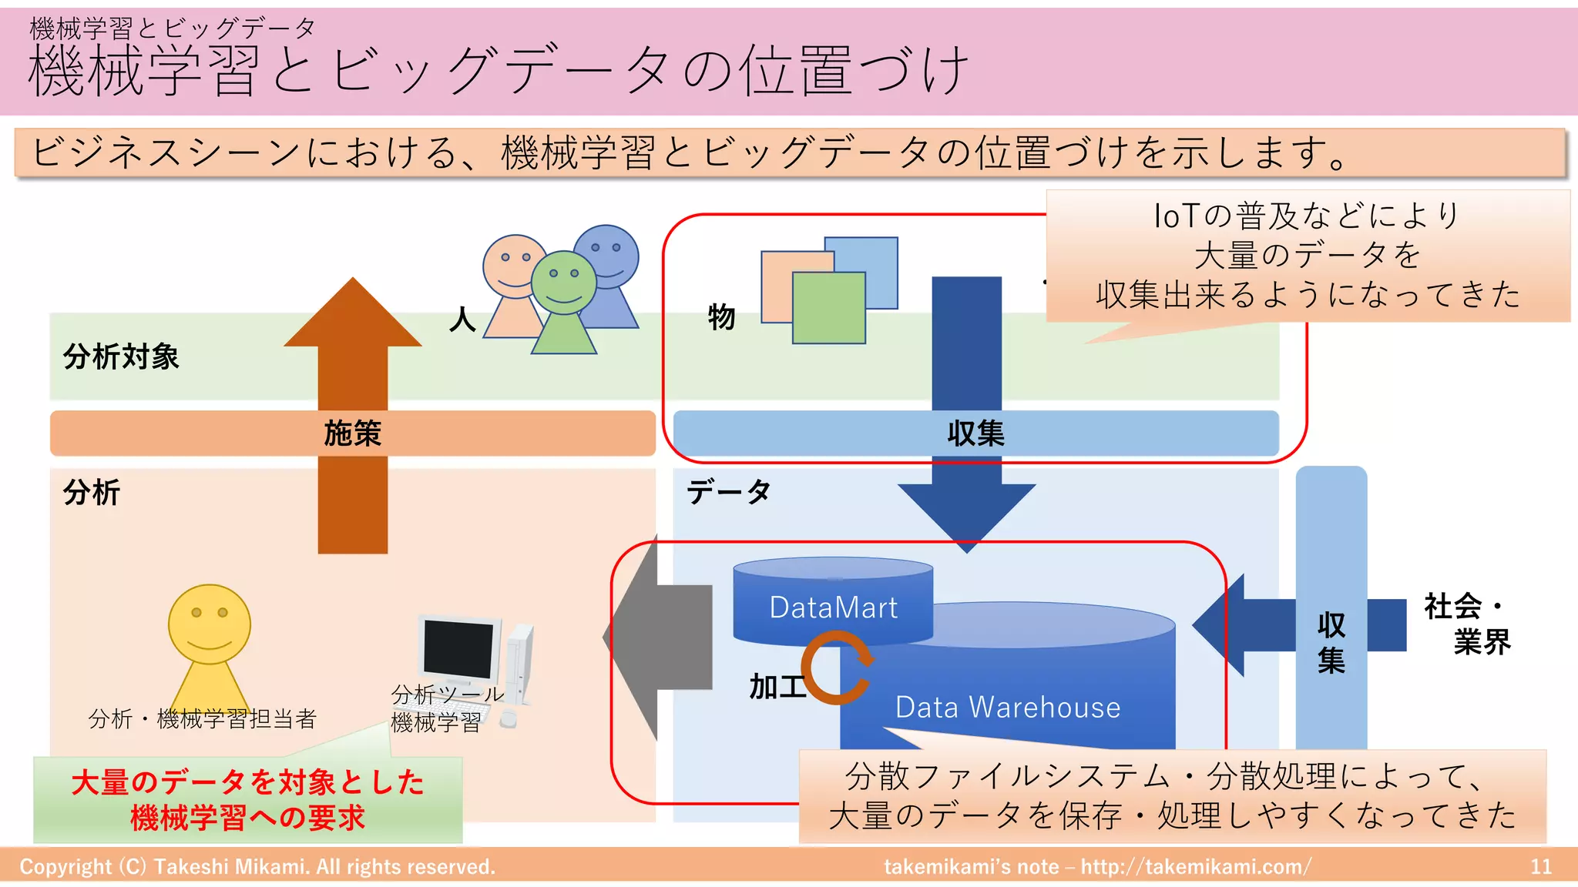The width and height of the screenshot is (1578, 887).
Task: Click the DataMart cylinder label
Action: pos(834,608)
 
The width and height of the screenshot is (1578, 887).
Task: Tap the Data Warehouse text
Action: pos(1007,707)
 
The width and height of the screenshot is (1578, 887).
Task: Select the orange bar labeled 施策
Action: pos(352,433)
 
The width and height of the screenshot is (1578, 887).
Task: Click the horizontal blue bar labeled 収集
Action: pos(975,433)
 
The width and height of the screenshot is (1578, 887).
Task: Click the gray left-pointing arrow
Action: pos(663,638)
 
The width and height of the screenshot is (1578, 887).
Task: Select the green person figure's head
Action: pos(564,282)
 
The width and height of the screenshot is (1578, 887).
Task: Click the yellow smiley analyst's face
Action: pos(210,624)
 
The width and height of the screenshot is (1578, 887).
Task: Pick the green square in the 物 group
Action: pos(828,308)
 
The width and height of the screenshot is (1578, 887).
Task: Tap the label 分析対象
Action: pos(121,357)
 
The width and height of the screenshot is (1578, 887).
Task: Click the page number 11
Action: pos(1540,866)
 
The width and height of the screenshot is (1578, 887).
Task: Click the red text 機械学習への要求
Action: pos(247,818)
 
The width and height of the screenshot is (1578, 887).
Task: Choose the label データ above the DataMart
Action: pos(728,491)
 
